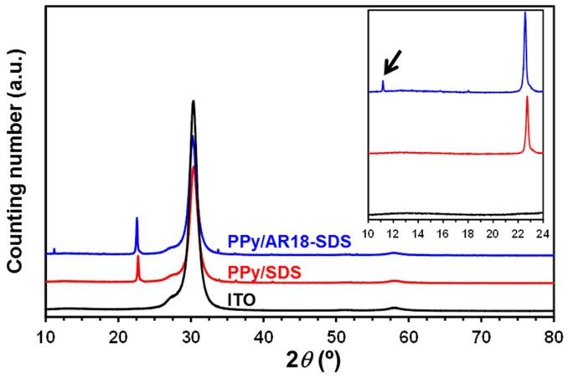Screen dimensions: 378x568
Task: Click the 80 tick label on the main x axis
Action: click(552, 335)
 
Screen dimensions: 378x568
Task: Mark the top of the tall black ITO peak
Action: click(194, 102)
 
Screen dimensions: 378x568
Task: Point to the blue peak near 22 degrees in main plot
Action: click(137, 219)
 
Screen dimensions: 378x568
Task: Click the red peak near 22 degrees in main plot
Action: click(137, 258)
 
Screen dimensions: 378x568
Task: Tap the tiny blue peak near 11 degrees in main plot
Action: click(54, 249)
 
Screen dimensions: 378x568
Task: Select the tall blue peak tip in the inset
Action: click(525, 13)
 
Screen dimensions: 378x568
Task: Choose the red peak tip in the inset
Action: click(527, 98)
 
